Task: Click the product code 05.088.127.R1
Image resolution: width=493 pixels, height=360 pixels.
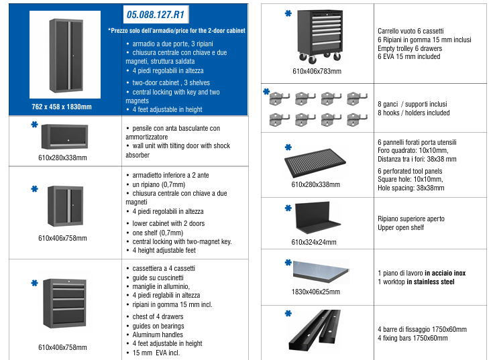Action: (x=156, y=14)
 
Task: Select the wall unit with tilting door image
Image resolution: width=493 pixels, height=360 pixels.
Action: (x=64, y=139)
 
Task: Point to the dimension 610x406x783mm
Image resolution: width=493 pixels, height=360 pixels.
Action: (x=317, y=71)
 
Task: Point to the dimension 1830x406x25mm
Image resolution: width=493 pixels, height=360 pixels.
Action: (x=317, y=292)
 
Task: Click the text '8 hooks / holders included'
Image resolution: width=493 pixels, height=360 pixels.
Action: (x=414, y=113)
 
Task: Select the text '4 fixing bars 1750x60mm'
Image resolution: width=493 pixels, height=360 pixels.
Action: (x=413, y=338)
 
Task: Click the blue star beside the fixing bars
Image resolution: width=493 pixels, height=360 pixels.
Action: (x=288, y=313)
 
